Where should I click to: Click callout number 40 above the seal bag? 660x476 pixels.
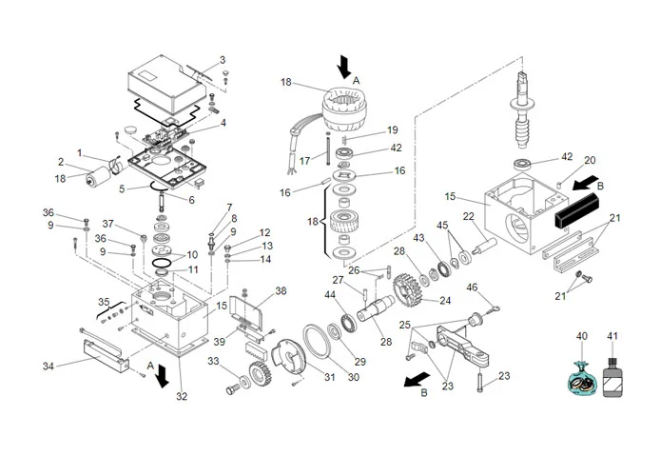tap(582, 336)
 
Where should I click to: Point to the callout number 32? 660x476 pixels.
tap(183, 397)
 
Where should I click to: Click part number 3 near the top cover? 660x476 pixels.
tap(223, 60)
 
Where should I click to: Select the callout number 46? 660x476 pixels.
tap(472, 288)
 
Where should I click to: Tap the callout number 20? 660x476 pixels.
tap(590, 160)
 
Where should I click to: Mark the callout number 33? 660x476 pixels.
tap(215, 362)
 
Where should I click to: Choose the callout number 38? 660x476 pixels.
tap(280, 290)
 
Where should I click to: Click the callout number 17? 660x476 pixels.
tap(305, 161)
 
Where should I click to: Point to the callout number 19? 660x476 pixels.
tap(392, 129)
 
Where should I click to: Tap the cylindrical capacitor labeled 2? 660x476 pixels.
tap(98, 179)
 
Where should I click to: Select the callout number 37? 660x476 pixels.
tap(108, 224)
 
